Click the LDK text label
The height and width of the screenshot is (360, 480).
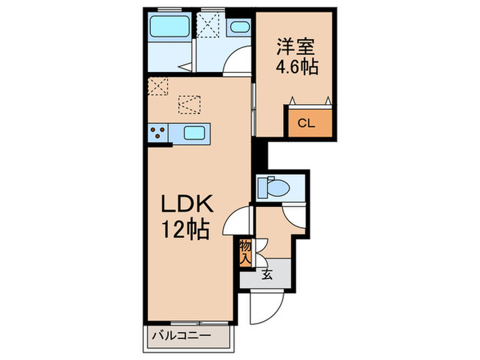point(188,204)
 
